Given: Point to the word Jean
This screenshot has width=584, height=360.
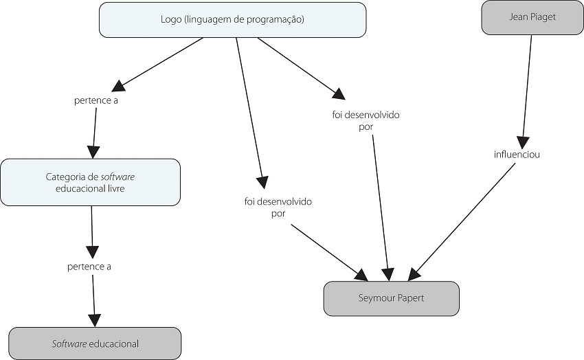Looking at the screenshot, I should pyautogui.click(x=519, y=17).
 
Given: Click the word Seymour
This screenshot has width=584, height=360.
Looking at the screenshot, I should pyautogui.click(x=374, y=298).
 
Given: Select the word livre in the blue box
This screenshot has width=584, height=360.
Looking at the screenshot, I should pyautogui.click(x=113, y=188).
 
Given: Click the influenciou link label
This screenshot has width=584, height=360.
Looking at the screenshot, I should pyautogui.click(x=517, y=155).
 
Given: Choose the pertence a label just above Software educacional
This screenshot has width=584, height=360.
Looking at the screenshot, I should pyautogui.click(x=89, y=267).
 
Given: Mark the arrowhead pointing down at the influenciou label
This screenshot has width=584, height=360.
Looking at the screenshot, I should pyautogui.click(x=524, y=139).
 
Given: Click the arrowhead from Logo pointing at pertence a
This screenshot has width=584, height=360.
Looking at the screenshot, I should pyautogui.click(x=120, y=85).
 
